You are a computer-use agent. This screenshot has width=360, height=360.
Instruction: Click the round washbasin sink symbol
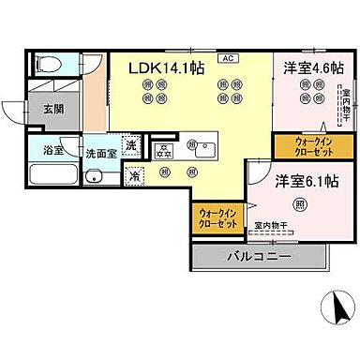point(94,176)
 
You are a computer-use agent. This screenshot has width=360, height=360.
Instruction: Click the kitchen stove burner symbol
point(164,150)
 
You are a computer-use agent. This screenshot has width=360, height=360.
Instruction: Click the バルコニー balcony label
point(259,256)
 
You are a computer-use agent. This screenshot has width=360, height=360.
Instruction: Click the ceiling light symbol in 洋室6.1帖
point(300,205)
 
